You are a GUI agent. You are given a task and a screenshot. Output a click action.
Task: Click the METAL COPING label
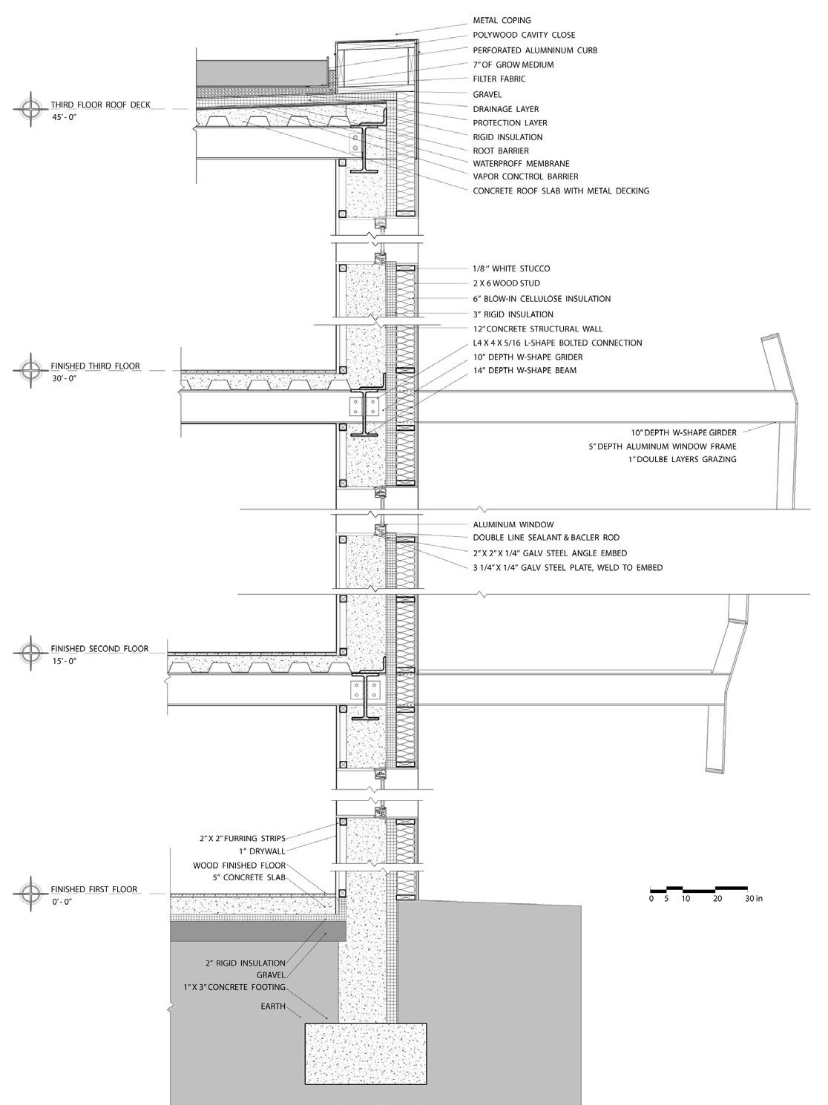click(x=502, y=21)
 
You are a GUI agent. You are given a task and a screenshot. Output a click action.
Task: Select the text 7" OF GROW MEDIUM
click(x=513, y=65)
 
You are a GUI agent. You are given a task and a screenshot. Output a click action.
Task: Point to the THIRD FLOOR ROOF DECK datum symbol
click(x=30, y=108)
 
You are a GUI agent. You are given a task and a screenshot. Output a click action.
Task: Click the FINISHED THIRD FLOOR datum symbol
click(x=30, y=369)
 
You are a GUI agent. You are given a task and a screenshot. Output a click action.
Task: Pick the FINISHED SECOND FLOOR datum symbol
click(x=30, y=652)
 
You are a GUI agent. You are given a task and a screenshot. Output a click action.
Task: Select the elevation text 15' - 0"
click(x=65, y=660)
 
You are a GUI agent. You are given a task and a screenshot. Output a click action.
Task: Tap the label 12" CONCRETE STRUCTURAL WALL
click(x=538, y=329)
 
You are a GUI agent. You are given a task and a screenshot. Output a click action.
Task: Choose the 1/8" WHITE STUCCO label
click(x=511, y=268)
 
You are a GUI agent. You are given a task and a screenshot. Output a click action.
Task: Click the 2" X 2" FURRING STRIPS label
click(x=242, y=838)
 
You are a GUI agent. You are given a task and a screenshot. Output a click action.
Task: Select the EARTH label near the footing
click(x=272, y=1006)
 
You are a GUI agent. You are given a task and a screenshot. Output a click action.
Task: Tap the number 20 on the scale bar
click(x=717, y=899)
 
